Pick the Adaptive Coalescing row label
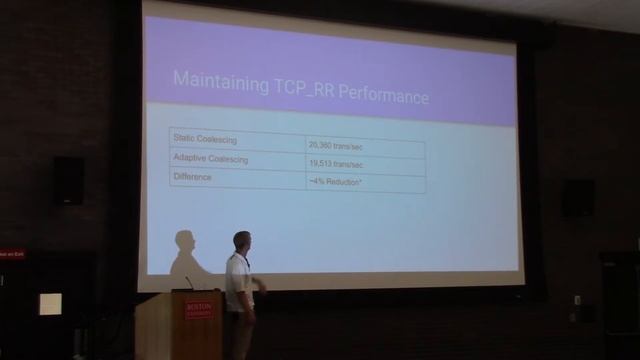click(211, 158)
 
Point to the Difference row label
click(193, 177)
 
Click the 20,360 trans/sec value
click(334, 146)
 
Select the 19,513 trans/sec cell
click(334, 165)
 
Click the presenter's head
click(241, 240)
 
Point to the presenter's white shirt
click(238, 280)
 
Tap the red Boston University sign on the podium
click(199, 309)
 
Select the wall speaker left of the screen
click(69, 180)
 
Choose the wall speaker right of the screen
click(577, 197)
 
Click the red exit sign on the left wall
click(12, 255)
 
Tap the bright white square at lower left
click(50, 304)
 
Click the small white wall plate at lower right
click(577, 300)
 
